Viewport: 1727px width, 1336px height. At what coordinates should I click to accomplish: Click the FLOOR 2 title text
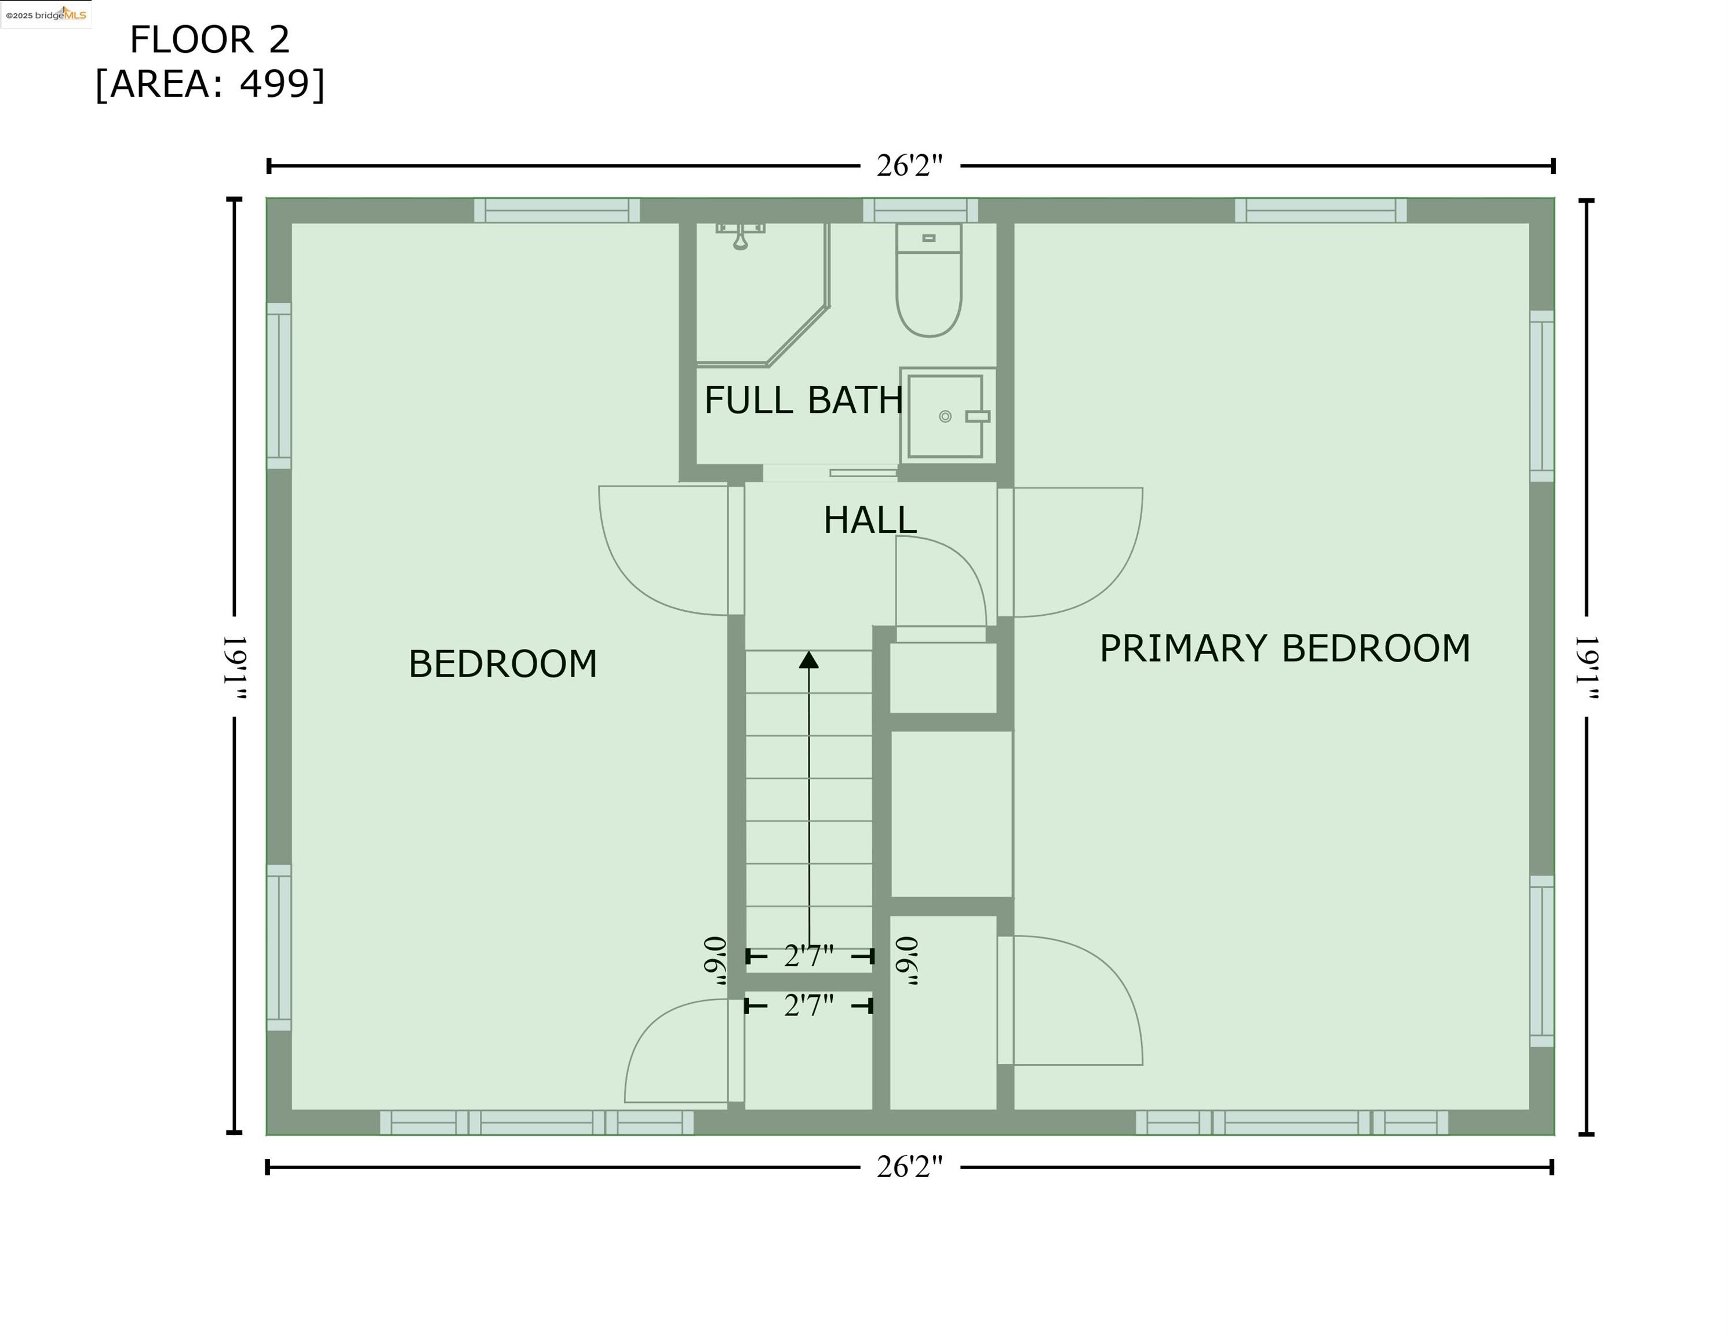[210, 39]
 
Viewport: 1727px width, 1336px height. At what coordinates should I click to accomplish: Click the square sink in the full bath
[946, 416]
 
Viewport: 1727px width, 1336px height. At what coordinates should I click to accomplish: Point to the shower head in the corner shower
[740, 237]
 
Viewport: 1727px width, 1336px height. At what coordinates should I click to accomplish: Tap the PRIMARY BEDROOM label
[1284, 649]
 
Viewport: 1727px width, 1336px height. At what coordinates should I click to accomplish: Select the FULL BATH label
[803, 400]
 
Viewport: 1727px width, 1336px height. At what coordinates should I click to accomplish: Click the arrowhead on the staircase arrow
[808, 660]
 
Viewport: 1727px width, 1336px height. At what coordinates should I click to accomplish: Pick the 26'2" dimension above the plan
[909, 166]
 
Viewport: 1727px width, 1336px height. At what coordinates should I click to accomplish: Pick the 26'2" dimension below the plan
[909, 1167]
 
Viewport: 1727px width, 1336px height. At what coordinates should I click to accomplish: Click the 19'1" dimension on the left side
[235, 667]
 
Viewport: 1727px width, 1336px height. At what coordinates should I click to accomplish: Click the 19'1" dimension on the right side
[1586, 667]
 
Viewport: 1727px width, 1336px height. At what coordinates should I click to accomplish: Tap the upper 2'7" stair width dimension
[808, 956]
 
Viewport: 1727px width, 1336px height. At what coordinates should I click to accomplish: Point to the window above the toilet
[920, 210]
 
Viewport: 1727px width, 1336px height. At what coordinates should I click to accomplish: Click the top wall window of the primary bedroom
[1321, 210]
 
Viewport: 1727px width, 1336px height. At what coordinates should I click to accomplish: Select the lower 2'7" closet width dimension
[808, 1005]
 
